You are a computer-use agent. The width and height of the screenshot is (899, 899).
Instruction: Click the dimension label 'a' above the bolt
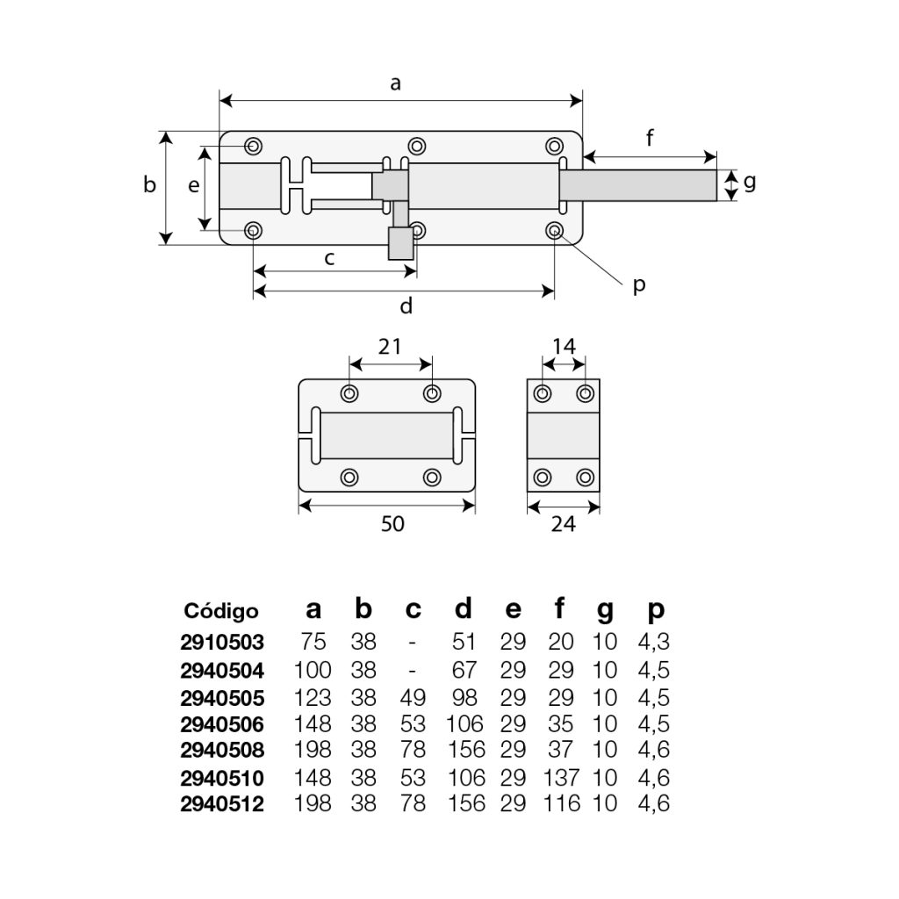396,83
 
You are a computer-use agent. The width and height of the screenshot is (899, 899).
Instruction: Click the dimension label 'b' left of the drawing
150,185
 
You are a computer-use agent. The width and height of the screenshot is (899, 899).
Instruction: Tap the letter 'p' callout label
639,284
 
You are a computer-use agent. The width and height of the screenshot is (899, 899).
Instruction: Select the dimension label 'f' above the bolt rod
650,138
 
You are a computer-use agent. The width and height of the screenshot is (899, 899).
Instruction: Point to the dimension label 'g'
749,183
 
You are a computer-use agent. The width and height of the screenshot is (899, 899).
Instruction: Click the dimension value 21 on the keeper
390,346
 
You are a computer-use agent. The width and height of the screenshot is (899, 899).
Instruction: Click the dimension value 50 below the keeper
392,524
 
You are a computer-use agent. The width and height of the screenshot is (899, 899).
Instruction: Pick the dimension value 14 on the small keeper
564,346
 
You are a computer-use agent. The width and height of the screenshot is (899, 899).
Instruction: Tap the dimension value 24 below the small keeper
563,524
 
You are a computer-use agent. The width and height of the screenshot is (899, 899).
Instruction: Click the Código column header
221,611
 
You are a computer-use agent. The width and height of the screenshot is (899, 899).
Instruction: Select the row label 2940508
221,750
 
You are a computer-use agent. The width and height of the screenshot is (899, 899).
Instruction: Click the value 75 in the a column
313,642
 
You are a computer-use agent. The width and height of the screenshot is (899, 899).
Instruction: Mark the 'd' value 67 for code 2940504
464,670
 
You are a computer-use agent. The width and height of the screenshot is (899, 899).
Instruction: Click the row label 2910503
221,642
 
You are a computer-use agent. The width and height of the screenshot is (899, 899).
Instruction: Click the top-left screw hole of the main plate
254,146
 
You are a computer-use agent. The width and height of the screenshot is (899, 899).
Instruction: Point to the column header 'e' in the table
513,610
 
